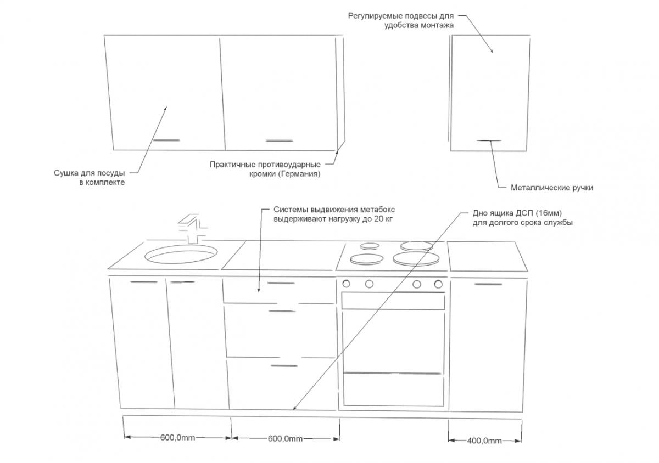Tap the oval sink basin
click(x=181, y=255)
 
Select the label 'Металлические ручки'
click(x=552, y=188)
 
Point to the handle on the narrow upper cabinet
click(x=488, y=141)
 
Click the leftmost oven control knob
click(x=347, y=284)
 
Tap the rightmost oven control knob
click(x=438, y=284)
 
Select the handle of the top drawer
click(x=281, y=284)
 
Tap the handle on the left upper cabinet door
click(x=166, y=140)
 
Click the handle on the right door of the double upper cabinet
click(x=279, y=140)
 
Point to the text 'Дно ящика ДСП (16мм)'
click(x=518, y=213)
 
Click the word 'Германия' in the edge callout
click(x=299, y=174)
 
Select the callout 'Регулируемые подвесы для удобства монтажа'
click(x=401, y=20)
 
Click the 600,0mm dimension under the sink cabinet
click(x=177, y=438)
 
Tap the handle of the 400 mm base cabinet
click(x=488, y=284)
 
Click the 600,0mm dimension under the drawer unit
click(x=285, y=438)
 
